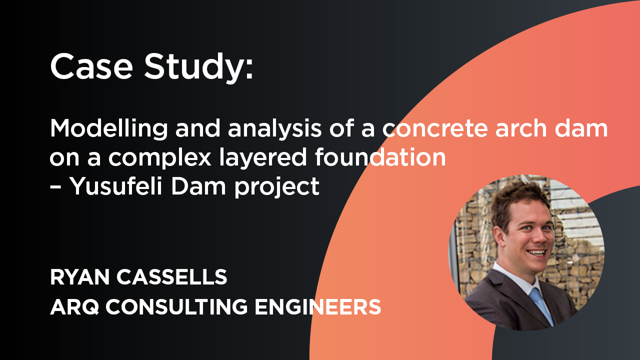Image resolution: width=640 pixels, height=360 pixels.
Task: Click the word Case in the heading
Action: [91, 66]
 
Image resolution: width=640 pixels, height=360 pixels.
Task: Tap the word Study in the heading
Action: [194, 68]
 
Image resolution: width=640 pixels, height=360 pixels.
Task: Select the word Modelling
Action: [109, 129]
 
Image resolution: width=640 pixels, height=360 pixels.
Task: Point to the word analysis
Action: [275, 129]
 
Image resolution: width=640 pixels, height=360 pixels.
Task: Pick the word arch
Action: [521, 128]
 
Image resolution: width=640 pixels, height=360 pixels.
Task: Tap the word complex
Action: [159, 158]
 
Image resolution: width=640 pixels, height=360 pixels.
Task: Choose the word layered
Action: [263, 158]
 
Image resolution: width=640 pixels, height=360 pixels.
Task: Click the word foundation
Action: [380, 156]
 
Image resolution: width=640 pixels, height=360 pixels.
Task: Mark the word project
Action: [276, 187]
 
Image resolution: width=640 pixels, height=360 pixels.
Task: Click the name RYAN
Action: [79, 277]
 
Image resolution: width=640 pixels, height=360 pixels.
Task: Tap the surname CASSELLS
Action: [171, 277]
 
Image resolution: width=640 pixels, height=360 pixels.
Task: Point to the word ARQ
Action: [74, 307]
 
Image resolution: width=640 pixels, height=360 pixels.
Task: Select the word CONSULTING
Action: [176, 307]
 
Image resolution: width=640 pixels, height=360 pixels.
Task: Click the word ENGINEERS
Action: [317, 307]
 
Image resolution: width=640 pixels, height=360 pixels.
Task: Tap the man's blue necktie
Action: [541, 305]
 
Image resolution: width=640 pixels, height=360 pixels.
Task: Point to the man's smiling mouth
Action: [536, 253]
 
